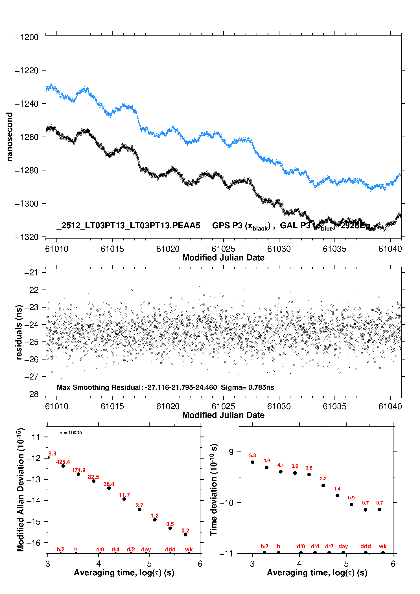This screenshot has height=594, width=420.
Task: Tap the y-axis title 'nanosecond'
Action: point(10,137)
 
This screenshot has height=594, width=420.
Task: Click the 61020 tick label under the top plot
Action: point(168,249)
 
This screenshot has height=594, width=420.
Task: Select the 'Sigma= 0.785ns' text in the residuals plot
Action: point(247,387)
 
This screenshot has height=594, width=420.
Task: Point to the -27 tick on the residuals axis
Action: point(31,377)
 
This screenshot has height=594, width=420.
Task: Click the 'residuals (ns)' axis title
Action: point(19,332)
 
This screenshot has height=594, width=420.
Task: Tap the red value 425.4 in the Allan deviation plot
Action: point(63,462)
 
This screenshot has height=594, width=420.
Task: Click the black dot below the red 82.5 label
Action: point(94,481)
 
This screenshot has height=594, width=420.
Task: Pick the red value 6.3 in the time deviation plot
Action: point(252,455)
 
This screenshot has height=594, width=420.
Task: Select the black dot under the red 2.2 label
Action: point(323,485)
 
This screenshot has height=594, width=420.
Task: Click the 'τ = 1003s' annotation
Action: point(71,433)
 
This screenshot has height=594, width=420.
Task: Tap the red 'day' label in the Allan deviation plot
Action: point(146,549)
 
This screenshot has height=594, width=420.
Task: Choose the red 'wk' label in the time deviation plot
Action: point(383,546)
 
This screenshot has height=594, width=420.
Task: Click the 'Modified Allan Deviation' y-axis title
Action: point(21,490)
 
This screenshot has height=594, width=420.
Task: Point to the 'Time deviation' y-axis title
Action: point(214,490)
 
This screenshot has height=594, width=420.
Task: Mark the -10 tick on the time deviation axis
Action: point(227,503)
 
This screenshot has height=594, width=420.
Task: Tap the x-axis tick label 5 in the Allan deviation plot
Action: point(149,564)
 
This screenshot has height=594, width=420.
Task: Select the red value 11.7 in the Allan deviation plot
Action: point(124,495)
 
